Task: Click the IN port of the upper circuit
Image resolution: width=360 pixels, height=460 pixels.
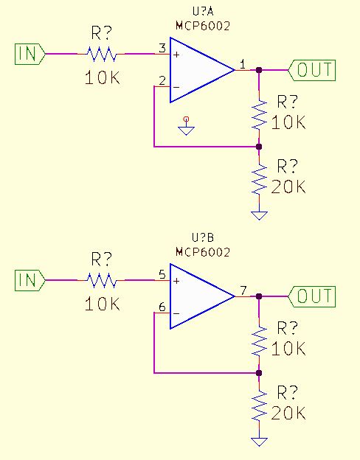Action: click(29, 53)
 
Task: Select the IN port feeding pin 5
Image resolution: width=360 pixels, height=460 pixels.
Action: click(29, 280)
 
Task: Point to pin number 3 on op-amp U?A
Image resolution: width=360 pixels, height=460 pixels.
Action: click(162, 48)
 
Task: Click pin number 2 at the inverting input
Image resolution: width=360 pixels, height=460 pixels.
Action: click(162, 80)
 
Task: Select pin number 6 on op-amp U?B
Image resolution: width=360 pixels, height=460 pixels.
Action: click(162, 307)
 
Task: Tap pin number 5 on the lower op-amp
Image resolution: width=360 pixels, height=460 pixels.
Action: click(162, 274)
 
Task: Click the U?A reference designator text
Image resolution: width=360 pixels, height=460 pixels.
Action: click(202, 12)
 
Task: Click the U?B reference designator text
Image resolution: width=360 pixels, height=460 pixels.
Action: click(202, 238)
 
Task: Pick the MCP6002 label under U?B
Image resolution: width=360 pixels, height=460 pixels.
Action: click(202, 251)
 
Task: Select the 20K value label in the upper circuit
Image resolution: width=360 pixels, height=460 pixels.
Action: click(288, 187)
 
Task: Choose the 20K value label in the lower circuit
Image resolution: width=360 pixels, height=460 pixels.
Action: click(288, 414)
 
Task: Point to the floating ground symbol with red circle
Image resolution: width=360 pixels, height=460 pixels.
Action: click(187, 127)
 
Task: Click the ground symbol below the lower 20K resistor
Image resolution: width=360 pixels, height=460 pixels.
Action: click(259, 442)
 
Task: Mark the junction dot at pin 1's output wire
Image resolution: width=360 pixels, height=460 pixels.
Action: click(259, 70)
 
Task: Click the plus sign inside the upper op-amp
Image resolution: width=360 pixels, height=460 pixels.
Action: click(176, 54)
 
